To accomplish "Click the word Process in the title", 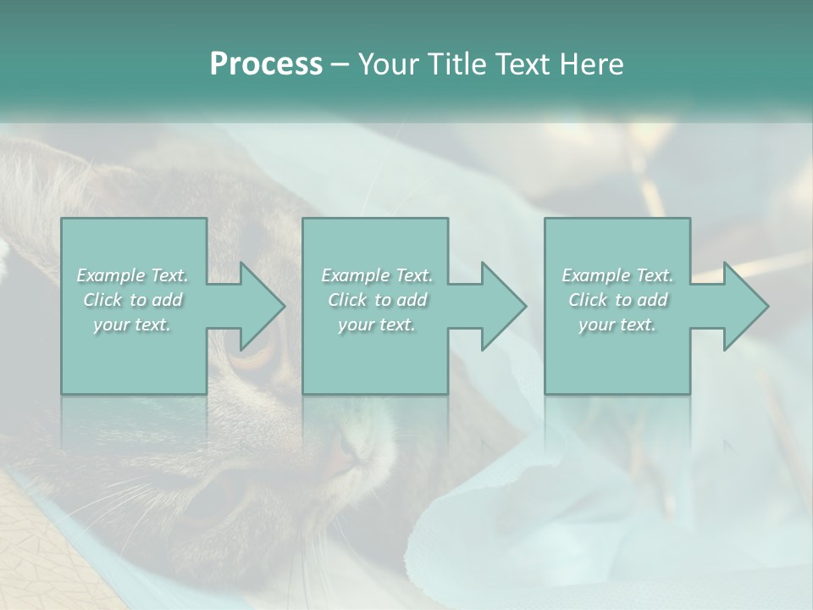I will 266,64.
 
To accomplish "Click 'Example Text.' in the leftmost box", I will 132,275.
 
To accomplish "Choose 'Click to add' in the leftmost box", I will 133,300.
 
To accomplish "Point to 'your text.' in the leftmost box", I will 132,324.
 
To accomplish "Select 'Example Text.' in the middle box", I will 377,275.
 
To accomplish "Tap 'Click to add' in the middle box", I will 377,300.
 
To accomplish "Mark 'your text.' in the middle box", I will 377,324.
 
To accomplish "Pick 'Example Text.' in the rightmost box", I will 617,275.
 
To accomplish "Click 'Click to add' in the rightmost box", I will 617,300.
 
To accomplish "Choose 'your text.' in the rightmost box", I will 617,324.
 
